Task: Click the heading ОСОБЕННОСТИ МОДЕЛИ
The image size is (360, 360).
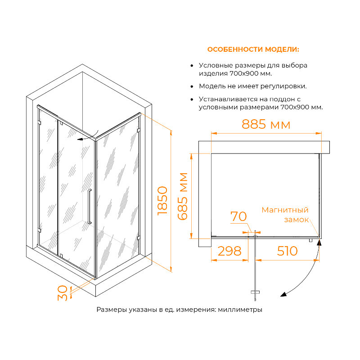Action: [253, 49]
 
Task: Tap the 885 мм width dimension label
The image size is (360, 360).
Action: [266, 124]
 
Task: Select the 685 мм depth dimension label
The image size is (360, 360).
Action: [183, 196]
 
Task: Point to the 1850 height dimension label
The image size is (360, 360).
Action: [162, 201]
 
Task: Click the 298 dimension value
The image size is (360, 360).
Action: [229, 251]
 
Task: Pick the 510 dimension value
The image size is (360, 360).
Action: [287, 251]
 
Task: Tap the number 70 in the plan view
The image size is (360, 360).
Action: [238, 216]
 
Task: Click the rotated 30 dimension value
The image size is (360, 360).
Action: [63, 293]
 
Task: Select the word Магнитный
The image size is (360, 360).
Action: [285, 210]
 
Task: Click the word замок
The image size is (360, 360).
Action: [297, 220]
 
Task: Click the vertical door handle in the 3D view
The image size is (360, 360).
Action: [90, 207]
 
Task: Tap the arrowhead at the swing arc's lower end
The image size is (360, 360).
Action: [284, 294]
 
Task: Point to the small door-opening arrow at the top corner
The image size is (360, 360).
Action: [88, 136]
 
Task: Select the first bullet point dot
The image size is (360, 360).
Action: [192, 66]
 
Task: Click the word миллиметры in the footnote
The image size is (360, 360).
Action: [240, 310]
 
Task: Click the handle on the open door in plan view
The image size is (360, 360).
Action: [255, 292]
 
